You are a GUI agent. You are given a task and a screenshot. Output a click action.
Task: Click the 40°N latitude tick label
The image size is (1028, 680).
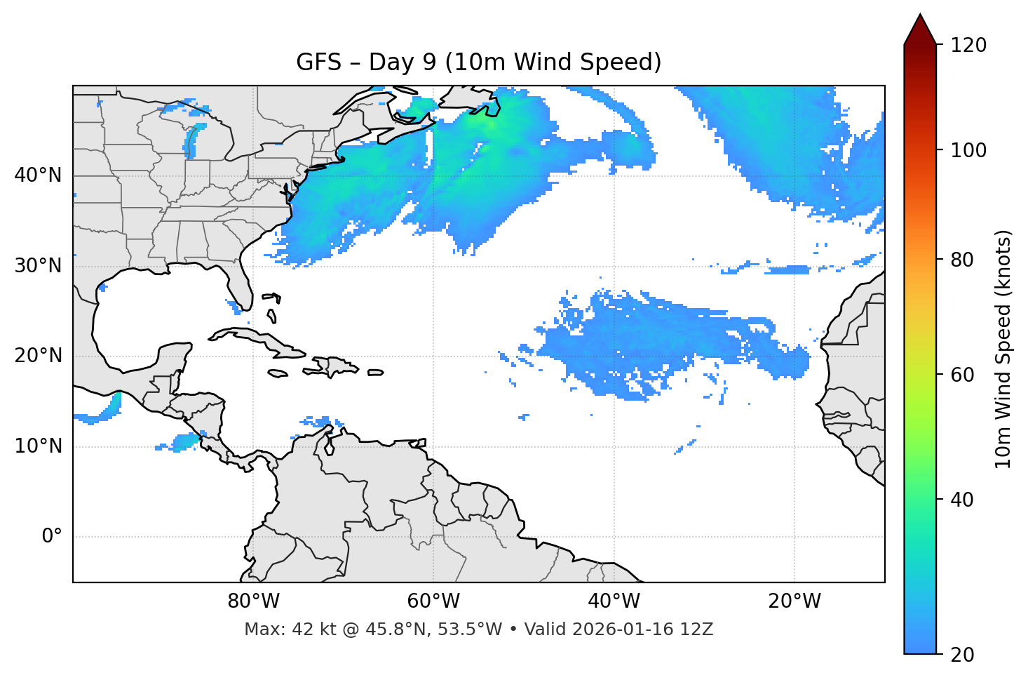point(38,175)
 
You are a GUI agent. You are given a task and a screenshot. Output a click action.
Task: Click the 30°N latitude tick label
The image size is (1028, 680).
point(38,266)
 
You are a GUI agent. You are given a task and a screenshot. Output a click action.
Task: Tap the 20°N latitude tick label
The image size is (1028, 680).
point(38,356)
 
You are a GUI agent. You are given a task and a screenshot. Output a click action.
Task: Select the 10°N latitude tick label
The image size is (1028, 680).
point(38,446)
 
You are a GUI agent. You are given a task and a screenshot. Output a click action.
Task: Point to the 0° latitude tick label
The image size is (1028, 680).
point(52,537)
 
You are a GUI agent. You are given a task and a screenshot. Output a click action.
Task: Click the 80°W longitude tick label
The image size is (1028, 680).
point(253,601)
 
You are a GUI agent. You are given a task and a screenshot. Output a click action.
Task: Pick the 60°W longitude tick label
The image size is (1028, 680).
point(433,601)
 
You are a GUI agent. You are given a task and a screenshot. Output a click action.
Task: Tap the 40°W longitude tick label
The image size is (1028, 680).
point(614,601)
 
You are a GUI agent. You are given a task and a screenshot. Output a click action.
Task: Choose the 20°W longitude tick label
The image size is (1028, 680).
point(794,601)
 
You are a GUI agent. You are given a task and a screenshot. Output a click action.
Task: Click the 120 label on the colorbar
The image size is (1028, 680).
point(968,46)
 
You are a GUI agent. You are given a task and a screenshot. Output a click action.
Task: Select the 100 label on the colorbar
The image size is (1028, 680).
point(968,150)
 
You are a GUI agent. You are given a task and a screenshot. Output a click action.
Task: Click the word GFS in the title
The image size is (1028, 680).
point(318,62)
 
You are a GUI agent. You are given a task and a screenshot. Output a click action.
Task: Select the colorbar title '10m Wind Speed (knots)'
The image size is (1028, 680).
point(1003,349)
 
